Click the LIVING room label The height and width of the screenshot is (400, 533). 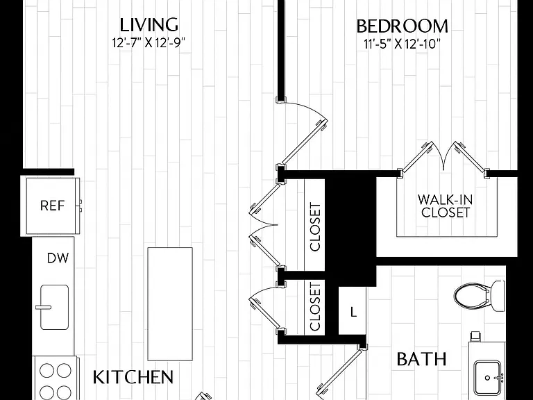pyautogui.click(x=149, y=25)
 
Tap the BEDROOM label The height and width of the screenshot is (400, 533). pyautogui.click(x=402, y=26)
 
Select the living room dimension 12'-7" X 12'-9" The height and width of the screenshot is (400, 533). pyautogui.click(x=149, y=43)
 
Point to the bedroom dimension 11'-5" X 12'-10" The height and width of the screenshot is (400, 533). pyautogui.click(x=402, y=44)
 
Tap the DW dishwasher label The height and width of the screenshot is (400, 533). pyautogui.click(x=58, y=258)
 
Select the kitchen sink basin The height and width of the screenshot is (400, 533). pyautogui.click(x=54, y=307)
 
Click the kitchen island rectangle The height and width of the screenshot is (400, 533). pyautogui.click(x=170, y=303)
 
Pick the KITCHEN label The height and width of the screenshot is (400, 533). pyautogui.click(x=133, y=377)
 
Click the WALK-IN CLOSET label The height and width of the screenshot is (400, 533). pyautogui.click(x=445, y=206)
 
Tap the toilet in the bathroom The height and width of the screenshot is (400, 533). pyautogui.click(x=480, y=294)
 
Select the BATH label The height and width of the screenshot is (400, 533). pyautogui.click(x=421, y=359)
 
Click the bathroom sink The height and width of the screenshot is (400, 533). pyautogui.click(x=487, y=378)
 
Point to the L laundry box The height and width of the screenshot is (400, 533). pyautogui.click(x=353, y=311)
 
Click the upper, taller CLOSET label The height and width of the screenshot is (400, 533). pyautogui.click(x=315, y=227)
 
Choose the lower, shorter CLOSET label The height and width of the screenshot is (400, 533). pyautogui.click(x=315, y=306)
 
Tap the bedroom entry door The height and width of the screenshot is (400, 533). pyautogui.click(x=302, y=132)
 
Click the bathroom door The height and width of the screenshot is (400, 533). pyautogui.click(x=341, y=372)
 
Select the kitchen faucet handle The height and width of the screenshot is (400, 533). pyautogui.click(x=43, y=307)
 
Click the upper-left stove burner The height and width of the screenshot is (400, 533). pyautogui.click(x=46, y=370)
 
